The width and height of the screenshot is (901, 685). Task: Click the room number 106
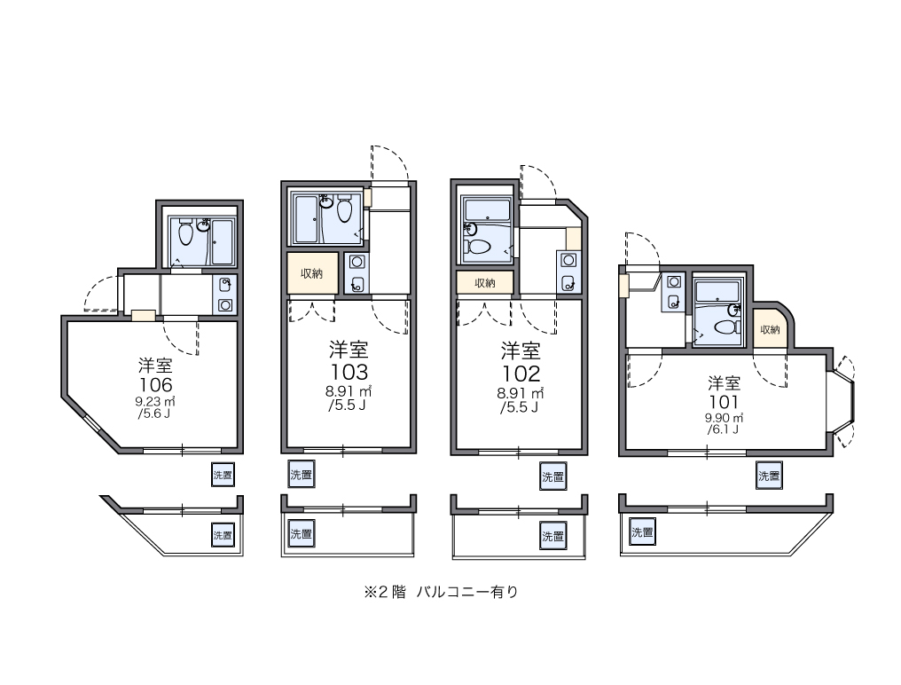(155, 384)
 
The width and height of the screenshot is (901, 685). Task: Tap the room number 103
(349, 372)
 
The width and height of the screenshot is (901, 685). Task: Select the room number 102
(521, 374)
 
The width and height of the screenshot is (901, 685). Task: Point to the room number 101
(724, 401)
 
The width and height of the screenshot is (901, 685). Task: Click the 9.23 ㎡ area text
(155, 401)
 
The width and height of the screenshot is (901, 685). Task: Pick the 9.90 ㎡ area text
(724, 418)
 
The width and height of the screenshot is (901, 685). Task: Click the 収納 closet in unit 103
(312, 274)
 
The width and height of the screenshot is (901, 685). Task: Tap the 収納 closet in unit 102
(485, 282)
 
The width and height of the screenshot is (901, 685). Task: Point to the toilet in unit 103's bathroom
(344, 209)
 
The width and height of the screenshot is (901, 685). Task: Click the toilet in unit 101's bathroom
(727, 327)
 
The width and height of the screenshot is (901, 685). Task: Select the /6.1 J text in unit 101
(723, 429)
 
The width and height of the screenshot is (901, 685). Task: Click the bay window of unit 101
(841, 402)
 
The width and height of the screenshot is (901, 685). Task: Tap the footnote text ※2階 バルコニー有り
(441, 592)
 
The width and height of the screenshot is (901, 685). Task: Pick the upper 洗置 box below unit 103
(302, 475)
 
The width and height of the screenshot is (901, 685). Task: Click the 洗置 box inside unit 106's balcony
(223, 535)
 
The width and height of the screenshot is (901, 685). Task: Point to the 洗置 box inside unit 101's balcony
(642, 532)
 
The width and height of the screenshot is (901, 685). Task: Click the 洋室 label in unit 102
(521, 350)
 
